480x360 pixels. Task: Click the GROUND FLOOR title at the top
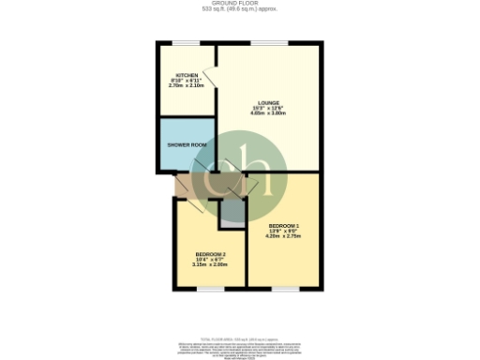point(240,3)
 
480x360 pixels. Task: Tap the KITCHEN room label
point(185,75)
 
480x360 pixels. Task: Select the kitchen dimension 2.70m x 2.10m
point(185,85)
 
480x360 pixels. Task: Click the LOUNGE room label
point(270,102)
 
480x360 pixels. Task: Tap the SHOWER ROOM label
point(187,145)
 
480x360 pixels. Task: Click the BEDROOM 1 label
point(284,226)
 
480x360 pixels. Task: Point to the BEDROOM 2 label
point(211,255)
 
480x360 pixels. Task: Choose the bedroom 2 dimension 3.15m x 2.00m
point(211,265)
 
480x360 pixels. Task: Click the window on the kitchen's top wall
point(185,43)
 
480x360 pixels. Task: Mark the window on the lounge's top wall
point(269,43)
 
